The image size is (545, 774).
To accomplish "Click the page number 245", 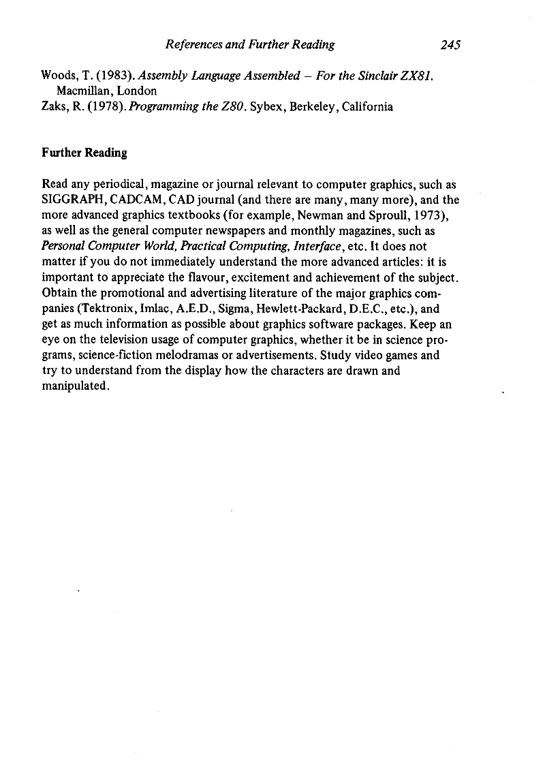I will pyautogui.click(x=451, y=45).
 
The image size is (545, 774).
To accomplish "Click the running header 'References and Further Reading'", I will pyautogui.click(x=250, y=45).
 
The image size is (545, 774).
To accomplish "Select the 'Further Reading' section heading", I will pyautogui.click(x=84, y=153).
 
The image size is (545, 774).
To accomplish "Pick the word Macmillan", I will pyautogui.click(x=86, y=91).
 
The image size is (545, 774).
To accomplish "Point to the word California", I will pyautogui.click(x=367, y=106).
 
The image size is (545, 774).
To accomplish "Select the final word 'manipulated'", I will pyautogui.click(x=74, y=386).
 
